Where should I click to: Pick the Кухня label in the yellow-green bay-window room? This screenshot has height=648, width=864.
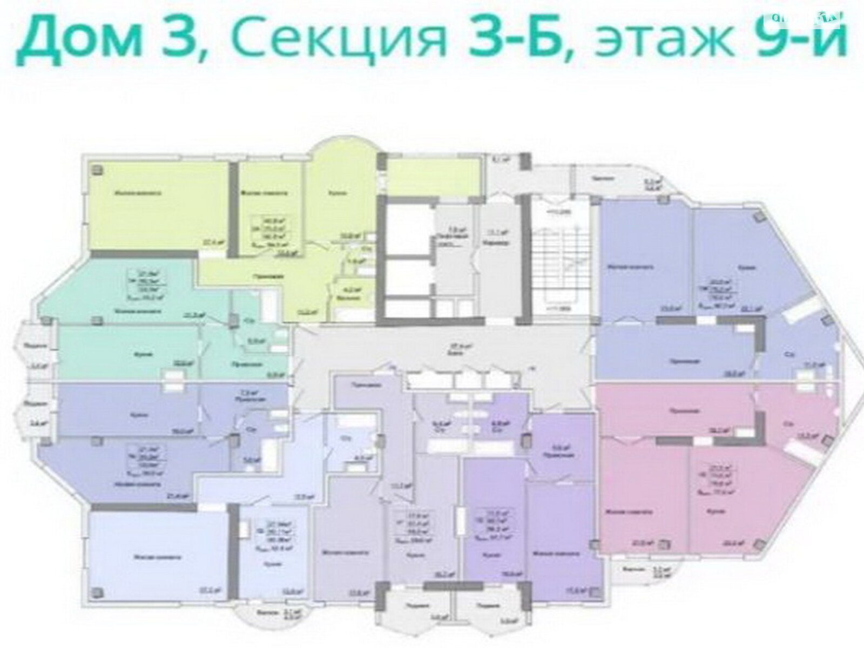(339, 193)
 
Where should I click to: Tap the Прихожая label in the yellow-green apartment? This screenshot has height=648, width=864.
(268, 276)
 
